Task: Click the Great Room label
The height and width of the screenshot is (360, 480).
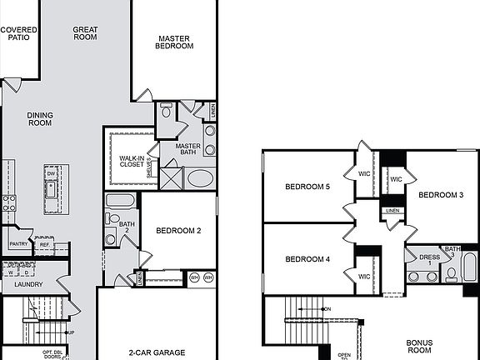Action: coord(85,33)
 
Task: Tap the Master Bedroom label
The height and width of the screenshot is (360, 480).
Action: coord(175,42)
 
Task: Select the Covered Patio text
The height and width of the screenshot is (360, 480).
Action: coord(18,33)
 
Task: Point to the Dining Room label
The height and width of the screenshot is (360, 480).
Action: coord(39,119)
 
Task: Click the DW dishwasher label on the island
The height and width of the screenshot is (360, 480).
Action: coord(49,173)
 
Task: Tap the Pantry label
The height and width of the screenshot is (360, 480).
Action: coord(18,244)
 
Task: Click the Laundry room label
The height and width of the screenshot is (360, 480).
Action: coord(17,284)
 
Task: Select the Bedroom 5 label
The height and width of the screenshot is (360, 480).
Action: coord(307,187)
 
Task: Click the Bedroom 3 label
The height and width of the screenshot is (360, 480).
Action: coord(441,195)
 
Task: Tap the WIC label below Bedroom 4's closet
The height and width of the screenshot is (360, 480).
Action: coord(364,277)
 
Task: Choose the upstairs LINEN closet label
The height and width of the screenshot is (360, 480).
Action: coord(392,211)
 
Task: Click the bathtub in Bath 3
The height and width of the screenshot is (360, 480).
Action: coord(470,268)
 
